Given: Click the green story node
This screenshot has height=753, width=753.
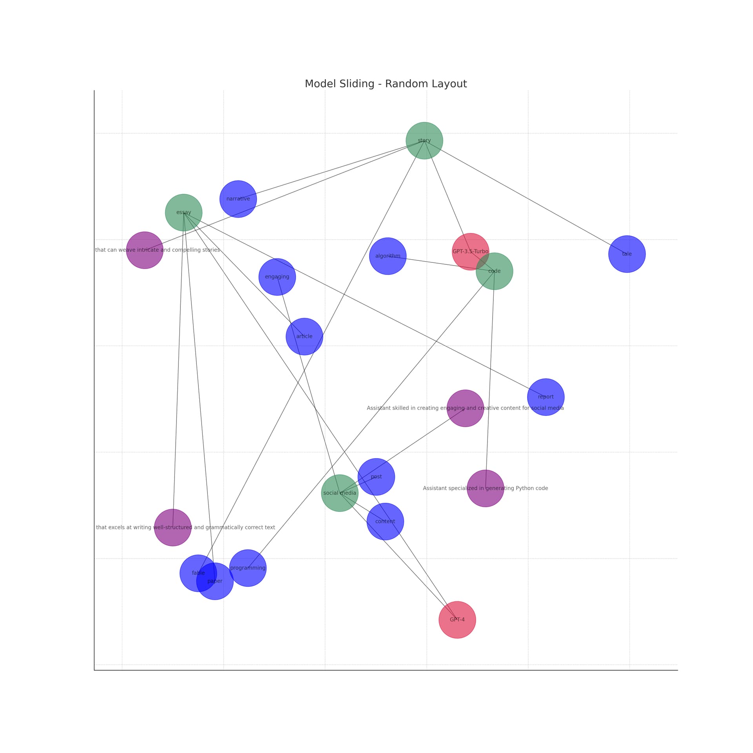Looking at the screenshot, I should click(x=424, y=140).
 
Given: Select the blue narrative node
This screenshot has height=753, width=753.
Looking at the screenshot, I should click(x=238, y=199).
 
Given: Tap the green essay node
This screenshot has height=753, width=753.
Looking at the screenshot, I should click(x=184, y=213).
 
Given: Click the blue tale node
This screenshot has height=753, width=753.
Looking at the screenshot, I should click(x=627, y=254).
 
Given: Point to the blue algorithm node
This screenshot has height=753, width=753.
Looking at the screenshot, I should click(x=387, y=256).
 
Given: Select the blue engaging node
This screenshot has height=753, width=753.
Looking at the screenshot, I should click(x=277, y=277).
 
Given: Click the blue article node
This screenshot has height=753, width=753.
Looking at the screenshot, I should click(x=304, y=336).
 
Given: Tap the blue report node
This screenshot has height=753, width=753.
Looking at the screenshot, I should click(x=546, y=397).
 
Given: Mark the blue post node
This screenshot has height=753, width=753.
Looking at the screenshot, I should click(x=376, y=477).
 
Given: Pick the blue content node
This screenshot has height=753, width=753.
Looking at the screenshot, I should click(x=385, y=521).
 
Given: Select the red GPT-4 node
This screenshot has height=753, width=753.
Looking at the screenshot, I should click(x=457, y=620).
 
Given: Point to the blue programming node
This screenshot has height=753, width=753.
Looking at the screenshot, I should click(x=248, y=568).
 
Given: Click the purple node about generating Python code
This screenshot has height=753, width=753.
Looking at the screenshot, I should click(x=485, y=488).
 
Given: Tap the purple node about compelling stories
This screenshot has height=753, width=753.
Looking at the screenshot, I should click(x=144, y=250).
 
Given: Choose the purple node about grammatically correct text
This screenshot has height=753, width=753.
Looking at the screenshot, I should click(x=173, y=527).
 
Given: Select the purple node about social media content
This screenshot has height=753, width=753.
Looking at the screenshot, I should click(x=465, y=408).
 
